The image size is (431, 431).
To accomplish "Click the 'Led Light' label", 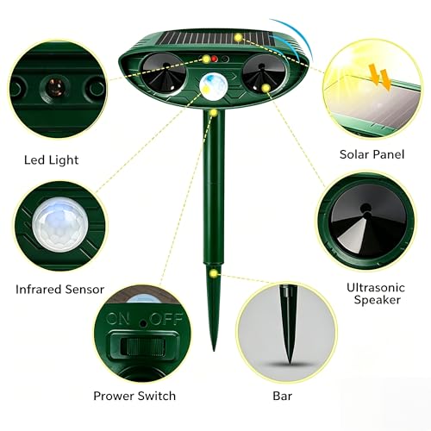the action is tap(51, 160).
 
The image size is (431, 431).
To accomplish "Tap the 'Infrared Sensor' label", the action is tap(59, 290).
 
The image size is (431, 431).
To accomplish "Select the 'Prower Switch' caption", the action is tap(134, 396).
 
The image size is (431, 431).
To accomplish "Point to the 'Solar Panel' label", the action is tap(372, 154).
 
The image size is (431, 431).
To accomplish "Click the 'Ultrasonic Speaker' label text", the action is tap(376, 293).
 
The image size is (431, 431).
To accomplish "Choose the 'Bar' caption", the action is tap(283, 396).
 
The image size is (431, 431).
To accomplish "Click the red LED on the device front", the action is tap(215, 59).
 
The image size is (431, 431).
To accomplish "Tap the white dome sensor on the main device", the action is tap(213, 86).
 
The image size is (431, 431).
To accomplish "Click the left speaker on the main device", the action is tap(164, 74).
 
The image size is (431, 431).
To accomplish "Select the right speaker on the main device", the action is tap(265, 73).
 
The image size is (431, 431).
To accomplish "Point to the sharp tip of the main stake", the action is tap(214, 351).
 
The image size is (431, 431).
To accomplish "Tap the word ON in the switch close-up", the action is tap(117, 318).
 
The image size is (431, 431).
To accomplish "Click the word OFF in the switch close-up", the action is tap(166, 318).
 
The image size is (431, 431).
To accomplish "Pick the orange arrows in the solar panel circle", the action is tap(380, 77).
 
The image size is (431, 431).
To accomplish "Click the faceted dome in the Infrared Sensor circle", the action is tap(59, 224).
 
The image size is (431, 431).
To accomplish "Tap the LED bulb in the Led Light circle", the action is tap(56, 85).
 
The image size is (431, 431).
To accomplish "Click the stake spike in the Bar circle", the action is tap(288, 324).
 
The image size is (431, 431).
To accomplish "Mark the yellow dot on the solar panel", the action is tap(238, 37).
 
